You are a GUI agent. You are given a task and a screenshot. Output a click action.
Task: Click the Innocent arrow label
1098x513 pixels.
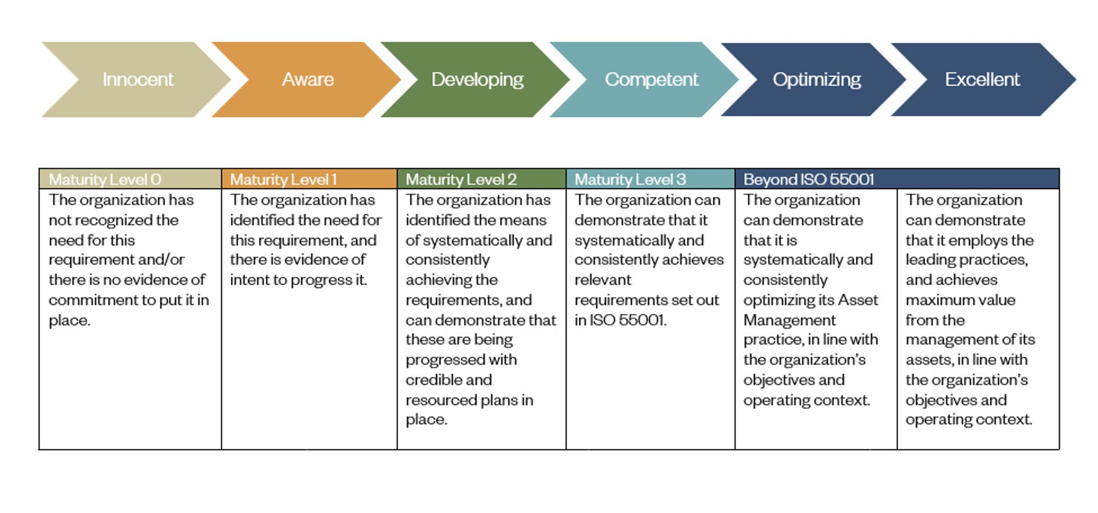coord(138,80)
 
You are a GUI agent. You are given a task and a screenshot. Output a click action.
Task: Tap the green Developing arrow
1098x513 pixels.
coord(475,80)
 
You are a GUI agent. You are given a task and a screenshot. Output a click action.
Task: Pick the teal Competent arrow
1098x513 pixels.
coord(645,80)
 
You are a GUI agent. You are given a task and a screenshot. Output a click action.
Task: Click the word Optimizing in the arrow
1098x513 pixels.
coord(817,80)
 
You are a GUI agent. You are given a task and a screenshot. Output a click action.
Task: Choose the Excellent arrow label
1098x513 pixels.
coord(982,80)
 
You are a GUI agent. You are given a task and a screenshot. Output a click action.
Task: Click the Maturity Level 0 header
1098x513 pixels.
coord(105,179)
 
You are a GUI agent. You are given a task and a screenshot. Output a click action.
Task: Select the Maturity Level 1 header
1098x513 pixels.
coord(283,179)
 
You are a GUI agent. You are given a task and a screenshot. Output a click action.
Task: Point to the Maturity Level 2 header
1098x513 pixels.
coord(461,179)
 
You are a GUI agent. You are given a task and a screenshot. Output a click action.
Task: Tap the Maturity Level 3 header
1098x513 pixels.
coord(630,179)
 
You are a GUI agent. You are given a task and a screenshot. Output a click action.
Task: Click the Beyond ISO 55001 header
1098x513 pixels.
coord(809,179)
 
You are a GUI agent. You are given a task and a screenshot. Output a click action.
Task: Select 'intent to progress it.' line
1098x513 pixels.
coord(298,280)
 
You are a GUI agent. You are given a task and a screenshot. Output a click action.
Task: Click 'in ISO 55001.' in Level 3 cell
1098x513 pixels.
coord(620,320)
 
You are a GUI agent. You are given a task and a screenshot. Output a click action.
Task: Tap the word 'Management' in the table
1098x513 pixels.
coord(789,320)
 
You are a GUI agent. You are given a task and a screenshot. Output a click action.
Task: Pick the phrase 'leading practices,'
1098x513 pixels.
coord(967,260)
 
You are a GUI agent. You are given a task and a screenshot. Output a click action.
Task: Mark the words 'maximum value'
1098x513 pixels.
coord(960,300)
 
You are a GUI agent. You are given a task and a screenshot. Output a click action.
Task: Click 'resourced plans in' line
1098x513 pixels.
coord(469,401)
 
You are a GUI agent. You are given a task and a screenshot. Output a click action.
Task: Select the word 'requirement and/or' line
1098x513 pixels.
coord(116,260)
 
